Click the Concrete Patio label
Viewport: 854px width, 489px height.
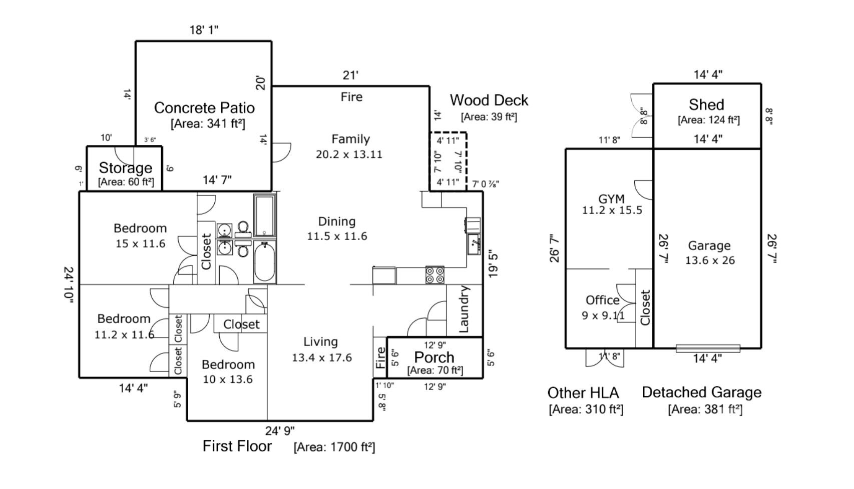pos(204,108)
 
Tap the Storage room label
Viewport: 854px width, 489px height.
pos(126,168)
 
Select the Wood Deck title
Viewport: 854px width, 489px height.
pos(489,100)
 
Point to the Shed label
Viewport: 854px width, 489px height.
pos(706,104)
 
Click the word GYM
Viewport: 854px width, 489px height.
pos(612,199)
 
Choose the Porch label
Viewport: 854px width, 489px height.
pos(434,357)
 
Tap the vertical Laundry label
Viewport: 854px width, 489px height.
pos(464,309)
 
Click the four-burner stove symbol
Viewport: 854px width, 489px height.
pos(435,275)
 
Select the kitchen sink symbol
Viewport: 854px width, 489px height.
pos(474,244)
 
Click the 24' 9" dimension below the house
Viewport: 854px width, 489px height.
pos(280,431)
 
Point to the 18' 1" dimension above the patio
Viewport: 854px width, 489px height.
pos(204,29)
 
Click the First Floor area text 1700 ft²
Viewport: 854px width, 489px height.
pos(334,446)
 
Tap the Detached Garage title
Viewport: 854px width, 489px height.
pos(701,392)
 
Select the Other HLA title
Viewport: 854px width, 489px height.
pos(583,392)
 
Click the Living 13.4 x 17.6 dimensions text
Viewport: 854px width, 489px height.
pos(322,357)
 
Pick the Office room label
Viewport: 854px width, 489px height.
pos(602,300)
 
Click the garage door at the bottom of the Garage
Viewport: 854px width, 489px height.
pos(708,348)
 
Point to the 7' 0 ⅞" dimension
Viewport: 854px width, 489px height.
pos(486,184)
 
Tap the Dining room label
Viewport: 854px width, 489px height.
pos(336,221)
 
